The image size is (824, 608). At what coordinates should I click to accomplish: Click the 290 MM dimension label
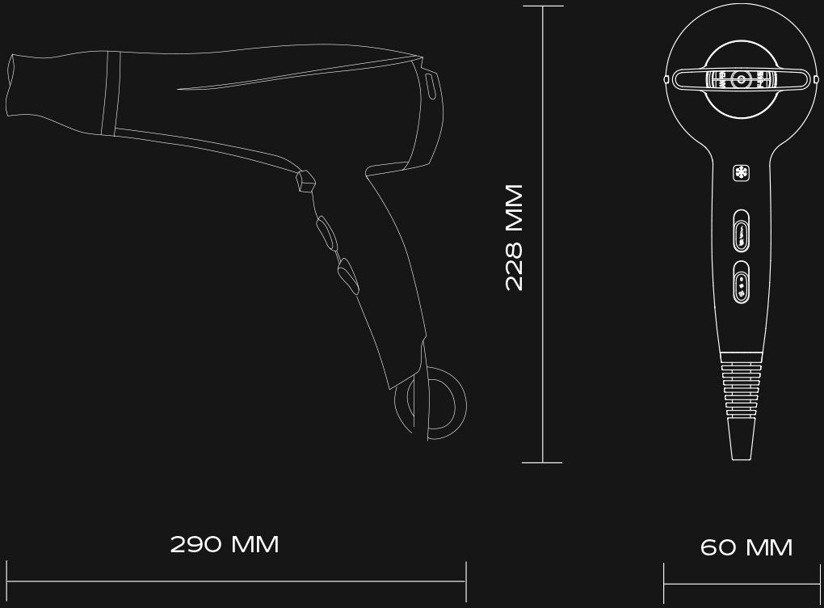[225, 544]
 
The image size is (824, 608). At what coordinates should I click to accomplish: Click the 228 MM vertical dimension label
[514, 237]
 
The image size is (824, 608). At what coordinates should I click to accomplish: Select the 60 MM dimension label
[746, 547]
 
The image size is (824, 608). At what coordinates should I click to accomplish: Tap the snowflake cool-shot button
[741, 173]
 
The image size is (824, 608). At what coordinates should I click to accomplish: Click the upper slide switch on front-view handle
[741, 231]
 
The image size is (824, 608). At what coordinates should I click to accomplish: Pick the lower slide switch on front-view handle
[741, 282]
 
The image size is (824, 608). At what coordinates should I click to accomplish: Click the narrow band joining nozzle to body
[111, 94]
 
